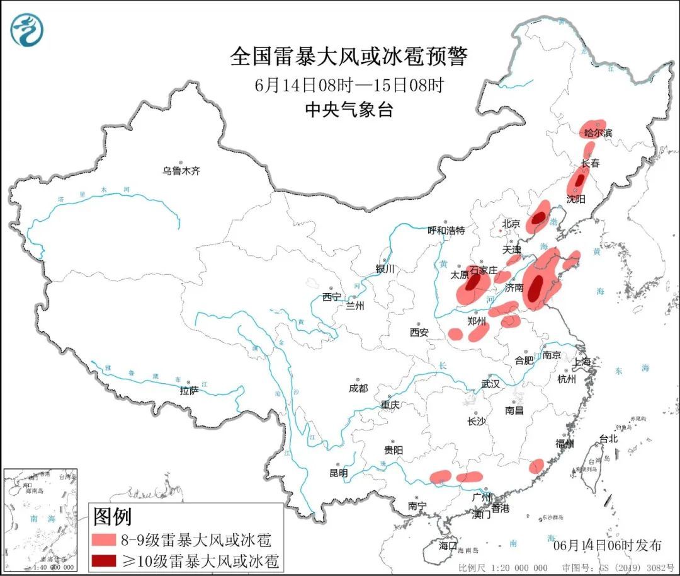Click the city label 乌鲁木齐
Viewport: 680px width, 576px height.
click(x=181, y=171)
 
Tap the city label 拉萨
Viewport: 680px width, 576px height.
click(x=189, y=391)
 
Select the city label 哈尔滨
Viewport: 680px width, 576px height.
click(x=598, y=133)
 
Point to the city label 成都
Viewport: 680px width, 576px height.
click(x=358, y=388)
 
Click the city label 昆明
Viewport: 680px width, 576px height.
click(x=338, y=473)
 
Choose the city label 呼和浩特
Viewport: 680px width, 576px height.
click(x=446, y=231)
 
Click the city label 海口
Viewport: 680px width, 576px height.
click(x=448, y=545)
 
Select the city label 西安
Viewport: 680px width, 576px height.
click(x=419, y=332)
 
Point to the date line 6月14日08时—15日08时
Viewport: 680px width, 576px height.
click(x=349, y=84)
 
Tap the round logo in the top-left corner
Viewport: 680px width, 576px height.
click(x=27, y=30)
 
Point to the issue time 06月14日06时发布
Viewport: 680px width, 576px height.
click(x=607, y=545)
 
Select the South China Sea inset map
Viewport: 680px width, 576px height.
click(x=40, y=521)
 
